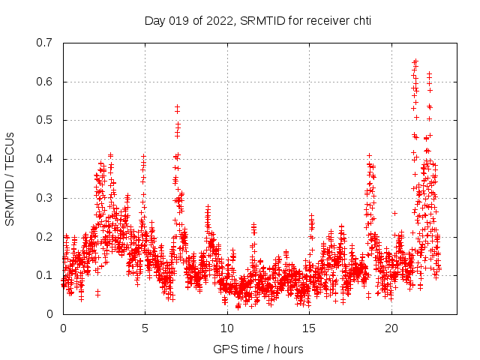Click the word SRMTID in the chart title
click(260, 21)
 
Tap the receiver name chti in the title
click(359, 21)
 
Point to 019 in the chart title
click(181, 21)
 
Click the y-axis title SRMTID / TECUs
click(10, 178)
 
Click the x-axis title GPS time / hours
click(258, 349)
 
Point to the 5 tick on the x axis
click(145, 328)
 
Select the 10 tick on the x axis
click(227, 328)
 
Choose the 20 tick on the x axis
click(391, 328)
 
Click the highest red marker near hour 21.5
click(416, 61)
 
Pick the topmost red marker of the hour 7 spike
click(178, 107)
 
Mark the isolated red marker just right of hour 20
click(394, 213)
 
